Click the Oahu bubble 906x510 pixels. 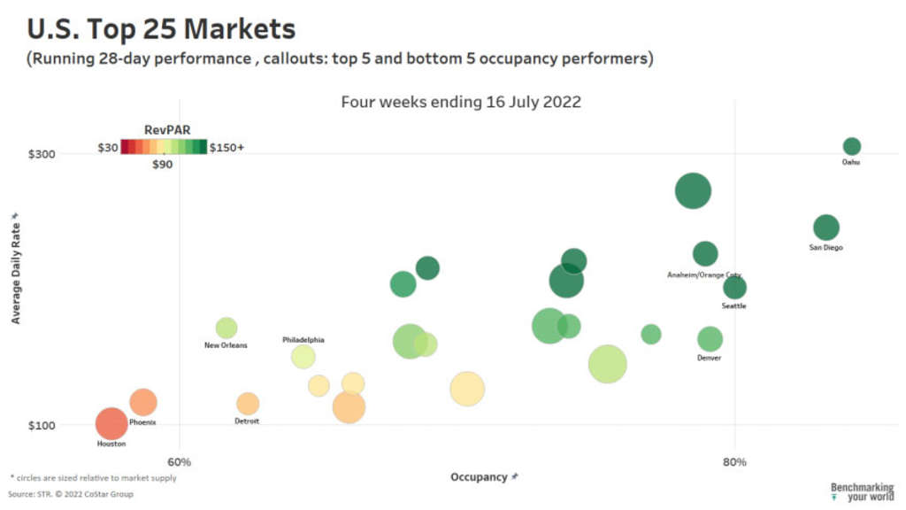[x=851, y=147]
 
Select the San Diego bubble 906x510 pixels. [x=825, y=228]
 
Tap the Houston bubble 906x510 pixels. [x=111, y=424]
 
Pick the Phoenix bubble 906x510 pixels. [x=142, y=402]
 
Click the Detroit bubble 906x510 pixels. [x=248, y=404]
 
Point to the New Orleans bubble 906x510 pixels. [x=226, y=328]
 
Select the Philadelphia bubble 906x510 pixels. [x=303, y=357]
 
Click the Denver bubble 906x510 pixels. [x=710, y=339]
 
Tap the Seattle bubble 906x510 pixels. [x=734, y=288]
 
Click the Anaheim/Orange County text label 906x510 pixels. [x=704, y=275]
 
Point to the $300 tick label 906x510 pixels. [x=41, y=154]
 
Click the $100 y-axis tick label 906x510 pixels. [x=41, y=425]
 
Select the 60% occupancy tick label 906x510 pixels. [x=180, y=461]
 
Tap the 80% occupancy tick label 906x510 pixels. [x=734, y=461]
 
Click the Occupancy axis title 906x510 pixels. [x=480, y=477]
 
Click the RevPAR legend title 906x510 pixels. [x=163, y=129]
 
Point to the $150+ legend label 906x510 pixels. [x=226, y=147]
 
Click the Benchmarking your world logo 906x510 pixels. [x=862, y=492]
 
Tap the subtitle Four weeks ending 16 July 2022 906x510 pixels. [x=461, y=102]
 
